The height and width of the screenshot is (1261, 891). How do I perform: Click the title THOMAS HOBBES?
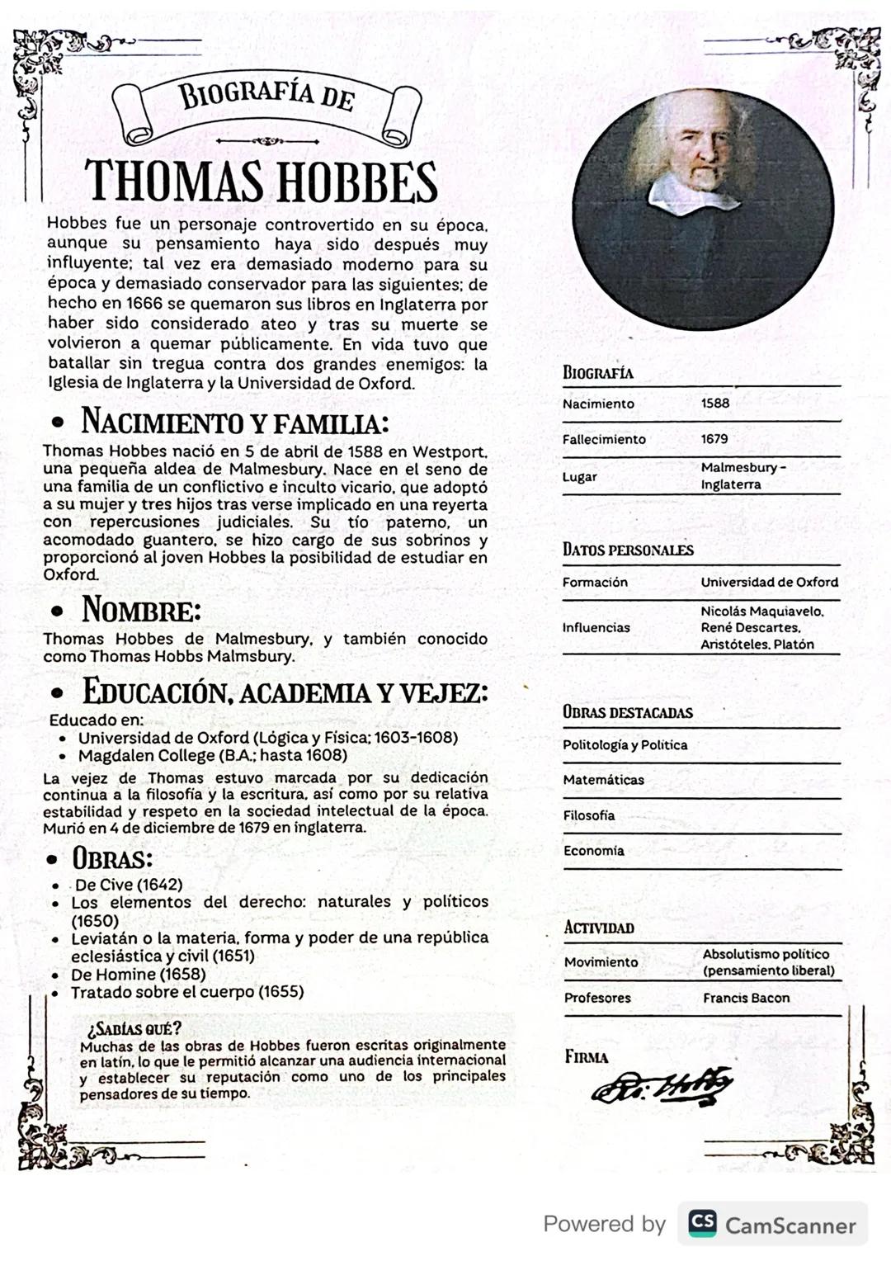[x=261, y=182]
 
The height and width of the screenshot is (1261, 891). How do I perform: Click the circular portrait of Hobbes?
[x=703, y=210]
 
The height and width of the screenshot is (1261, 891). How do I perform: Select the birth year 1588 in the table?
[x=715, y=404]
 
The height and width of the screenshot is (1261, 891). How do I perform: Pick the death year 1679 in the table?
[x=714, y=439]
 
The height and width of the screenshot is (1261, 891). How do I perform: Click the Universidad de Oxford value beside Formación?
[x=769, y=582]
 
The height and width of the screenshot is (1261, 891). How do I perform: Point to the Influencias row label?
[x=596, y=627]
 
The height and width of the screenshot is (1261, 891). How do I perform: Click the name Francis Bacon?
[x=746, y=998]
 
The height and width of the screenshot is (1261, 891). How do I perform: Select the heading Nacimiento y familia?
[x=234, y=422]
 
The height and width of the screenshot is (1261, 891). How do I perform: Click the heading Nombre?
[x=141, y=610]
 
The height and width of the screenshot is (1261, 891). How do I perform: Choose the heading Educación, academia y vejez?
[x=285, y=692]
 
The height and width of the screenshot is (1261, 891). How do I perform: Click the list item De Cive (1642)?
[x=129, y=885]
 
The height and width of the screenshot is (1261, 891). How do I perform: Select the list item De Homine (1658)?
[x=138, y=975]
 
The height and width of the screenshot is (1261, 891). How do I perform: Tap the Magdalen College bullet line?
[x=212, y=755]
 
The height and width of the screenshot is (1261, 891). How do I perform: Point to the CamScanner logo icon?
[x=702, y=1223]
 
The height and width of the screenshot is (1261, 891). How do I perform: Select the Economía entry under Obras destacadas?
[x=593, y=851]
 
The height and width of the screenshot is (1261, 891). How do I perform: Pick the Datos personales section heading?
[x=628, y=550]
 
